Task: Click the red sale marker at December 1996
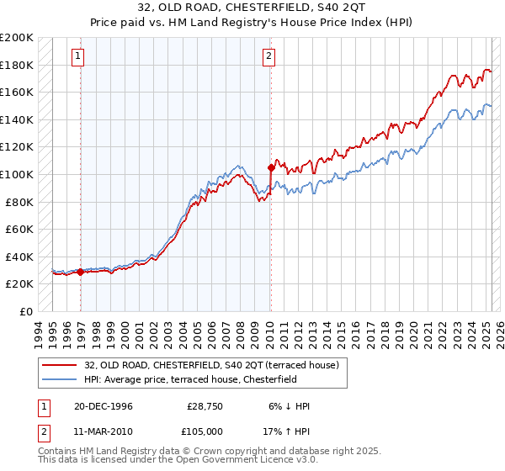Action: (x=81, y=272)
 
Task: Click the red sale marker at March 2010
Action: (x=270, y=167)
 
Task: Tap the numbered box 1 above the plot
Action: (x=77, y=56)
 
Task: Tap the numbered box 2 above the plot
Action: (x=268, y=56)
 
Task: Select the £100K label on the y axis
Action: (x=17, y=174)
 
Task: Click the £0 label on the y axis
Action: (x=25, y=311)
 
